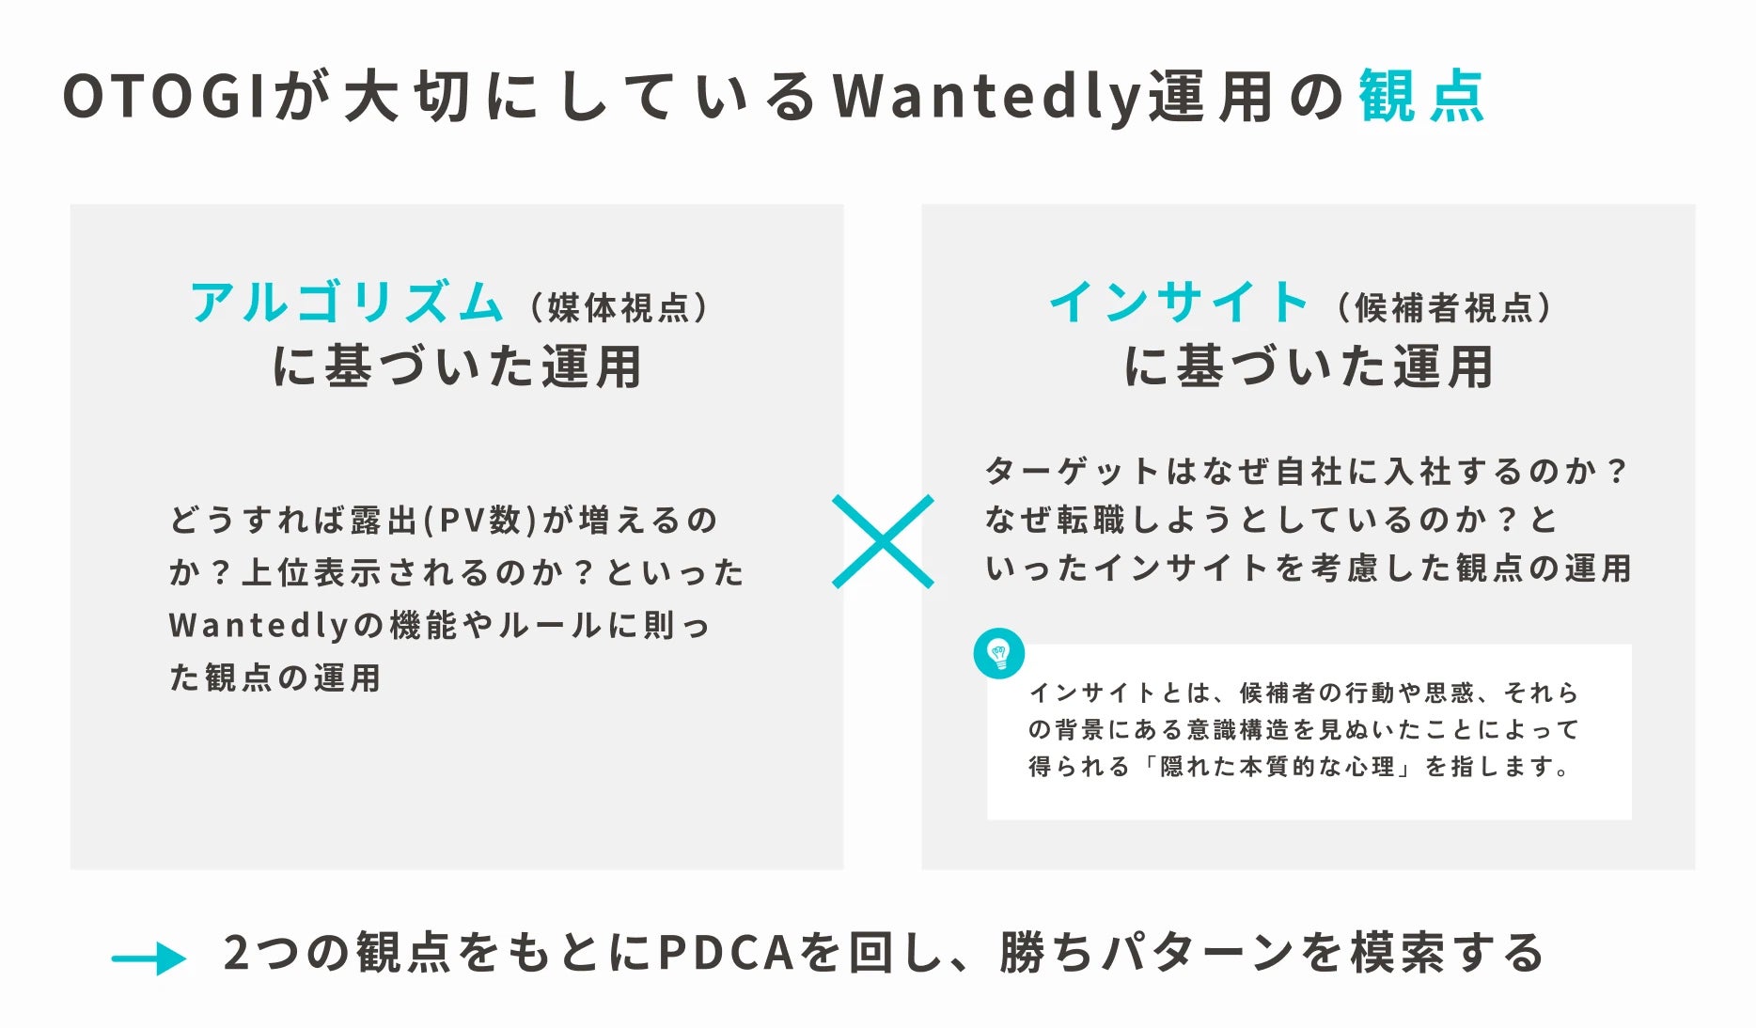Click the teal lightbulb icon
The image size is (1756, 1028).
click(x=998, y=653)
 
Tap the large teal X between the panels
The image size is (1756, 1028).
click(x=883, y=542)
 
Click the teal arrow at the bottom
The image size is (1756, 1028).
click(x=149, y=958)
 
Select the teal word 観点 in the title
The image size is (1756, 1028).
click(x=1421, y=97)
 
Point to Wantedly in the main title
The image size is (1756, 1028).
click(x=987, y=97)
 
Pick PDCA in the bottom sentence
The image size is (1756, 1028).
click(x=727, y=953)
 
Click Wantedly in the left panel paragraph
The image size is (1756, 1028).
click(x=259, y=625)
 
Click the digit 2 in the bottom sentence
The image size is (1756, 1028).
click(x=236, y=953)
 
